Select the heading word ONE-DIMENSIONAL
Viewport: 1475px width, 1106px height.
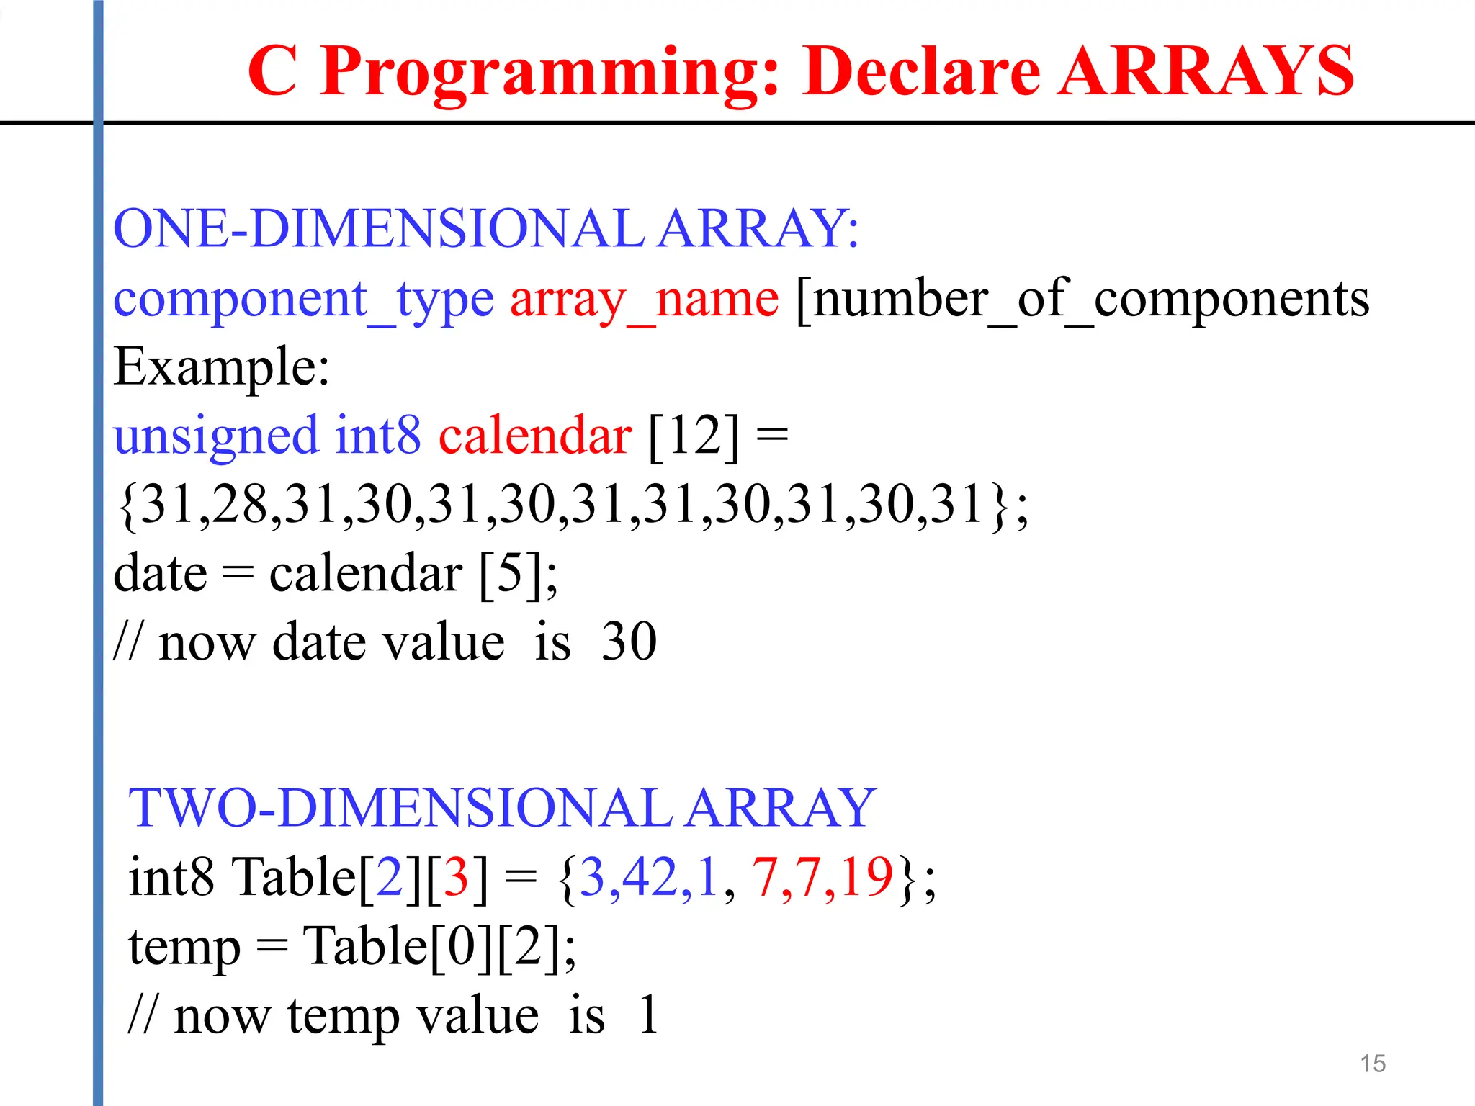click(x=379, y=228)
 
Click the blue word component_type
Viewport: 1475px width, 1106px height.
click(x=303, y=300)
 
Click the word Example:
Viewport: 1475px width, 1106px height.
click(x=222, y=367)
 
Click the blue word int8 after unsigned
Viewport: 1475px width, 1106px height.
click(x=378, y=435)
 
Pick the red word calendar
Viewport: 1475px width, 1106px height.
click(x=535, y=435)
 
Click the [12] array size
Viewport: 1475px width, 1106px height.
click(x=694, y=435)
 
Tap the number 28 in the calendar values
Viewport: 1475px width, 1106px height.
click(x=240, y=504)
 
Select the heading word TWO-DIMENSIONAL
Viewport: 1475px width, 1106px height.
click(x=400, y=808)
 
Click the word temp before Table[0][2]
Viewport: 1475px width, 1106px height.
click(x=184, y=948)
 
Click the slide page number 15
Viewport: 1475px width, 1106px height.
click(x=1373, y=1064)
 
